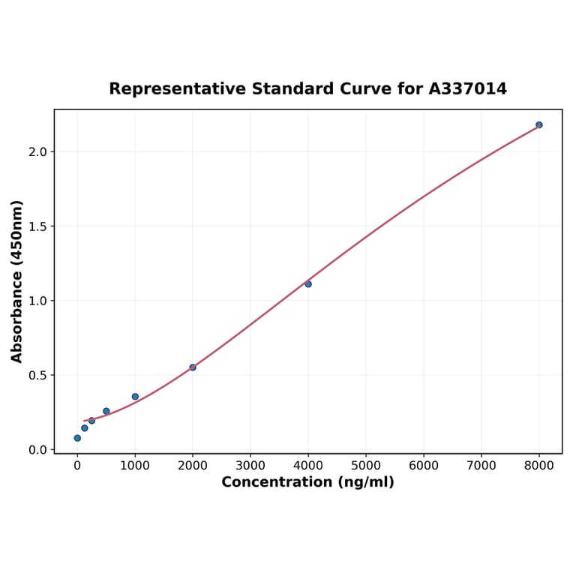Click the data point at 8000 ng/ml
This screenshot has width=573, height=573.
pos(538,124)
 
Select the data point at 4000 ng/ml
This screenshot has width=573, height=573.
pos(308,284)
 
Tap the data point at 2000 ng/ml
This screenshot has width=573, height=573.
pos(193,367)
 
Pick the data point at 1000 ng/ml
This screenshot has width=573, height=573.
pos(135,397)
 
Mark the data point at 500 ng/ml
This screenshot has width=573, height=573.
pos(106,411)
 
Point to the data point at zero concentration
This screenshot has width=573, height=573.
pos(77,438)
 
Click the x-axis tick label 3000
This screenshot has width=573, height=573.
pos(250,466)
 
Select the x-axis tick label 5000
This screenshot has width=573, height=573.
pos(366,466)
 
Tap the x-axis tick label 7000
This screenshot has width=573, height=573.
pos(481,466)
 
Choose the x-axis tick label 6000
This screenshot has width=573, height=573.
pos(424,466)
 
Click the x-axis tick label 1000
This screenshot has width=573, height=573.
pos(135,466)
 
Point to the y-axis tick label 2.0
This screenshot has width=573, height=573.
pos(37,152)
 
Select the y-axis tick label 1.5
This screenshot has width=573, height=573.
pos(37,226)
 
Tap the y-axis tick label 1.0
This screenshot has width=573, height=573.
pos(37,301)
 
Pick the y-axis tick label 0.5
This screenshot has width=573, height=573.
pos(37,375)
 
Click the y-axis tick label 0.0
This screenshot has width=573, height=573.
pos(37,450)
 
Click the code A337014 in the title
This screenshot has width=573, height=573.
pos(467,89)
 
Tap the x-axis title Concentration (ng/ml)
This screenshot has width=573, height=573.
pos(307,482)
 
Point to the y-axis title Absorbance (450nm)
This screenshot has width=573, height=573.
pos(17,281)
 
